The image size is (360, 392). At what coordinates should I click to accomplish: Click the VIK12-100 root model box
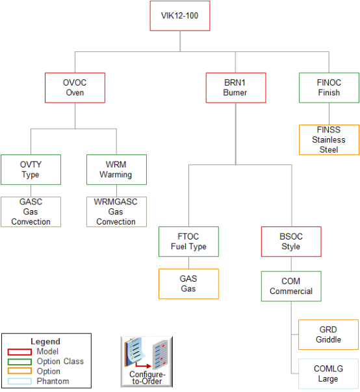tap(180, 16)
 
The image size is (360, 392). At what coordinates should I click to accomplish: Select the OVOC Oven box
tap(75, 88)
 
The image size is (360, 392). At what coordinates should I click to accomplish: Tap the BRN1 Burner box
tap(235, 88)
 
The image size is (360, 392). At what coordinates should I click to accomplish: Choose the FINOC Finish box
tap(328, 88)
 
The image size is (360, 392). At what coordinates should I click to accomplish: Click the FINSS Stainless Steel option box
tap(328, 140)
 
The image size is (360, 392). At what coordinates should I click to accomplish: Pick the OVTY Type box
tap(31, 169)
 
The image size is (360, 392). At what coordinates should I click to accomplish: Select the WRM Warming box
tap(116, 169)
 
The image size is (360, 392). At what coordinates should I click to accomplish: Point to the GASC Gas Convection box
tap(31, 212)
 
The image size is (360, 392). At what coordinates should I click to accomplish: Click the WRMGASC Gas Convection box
tap(116, 212)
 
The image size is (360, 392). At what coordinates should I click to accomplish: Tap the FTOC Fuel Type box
tap(188, 241)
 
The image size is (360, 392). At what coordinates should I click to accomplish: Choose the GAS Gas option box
tap(188, 284)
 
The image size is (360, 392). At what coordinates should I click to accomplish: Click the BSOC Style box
tap(290, 241)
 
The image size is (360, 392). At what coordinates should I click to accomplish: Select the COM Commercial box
tap(290, 286)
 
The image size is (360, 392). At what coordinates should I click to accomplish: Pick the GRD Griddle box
tap(328, 334)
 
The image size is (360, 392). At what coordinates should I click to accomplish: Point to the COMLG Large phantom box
tap(328, 374)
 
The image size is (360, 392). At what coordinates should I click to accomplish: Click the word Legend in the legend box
tap(45, 341)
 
